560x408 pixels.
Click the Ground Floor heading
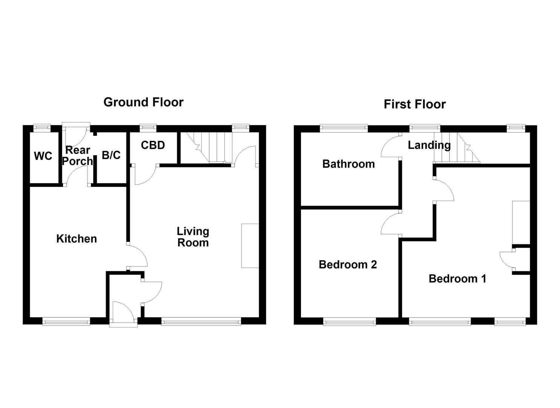click(143, 102)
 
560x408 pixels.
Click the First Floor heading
click(414, 104)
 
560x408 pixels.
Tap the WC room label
click(43, 156)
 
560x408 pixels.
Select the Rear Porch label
click(77, 156)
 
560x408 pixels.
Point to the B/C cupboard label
click(111, 155)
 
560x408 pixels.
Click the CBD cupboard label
click(153, 145)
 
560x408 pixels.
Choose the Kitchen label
click(77, 239)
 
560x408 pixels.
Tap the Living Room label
click(193, 237)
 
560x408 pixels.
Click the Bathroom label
click(348, 164)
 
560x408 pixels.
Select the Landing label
click(429, 145)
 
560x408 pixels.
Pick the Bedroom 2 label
click(348, 264)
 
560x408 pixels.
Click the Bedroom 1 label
click(457, 279)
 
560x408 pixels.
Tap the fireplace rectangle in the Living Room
click(250, 246)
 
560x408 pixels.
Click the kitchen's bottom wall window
click(66, 322)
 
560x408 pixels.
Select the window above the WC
click(42, 128)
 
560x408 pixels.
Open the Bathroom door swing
click(390, 147)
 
